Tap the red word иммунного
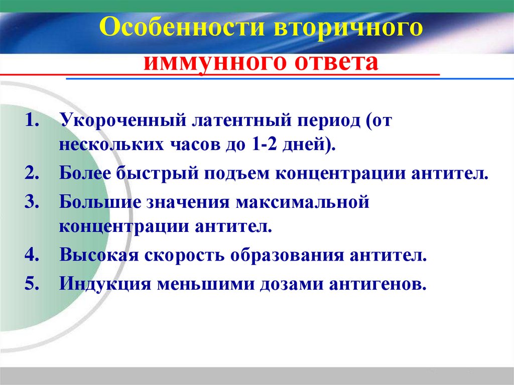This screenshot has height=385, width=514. [x=211, y=64]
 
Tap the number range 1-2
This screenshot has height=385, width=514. [x=263, y=146]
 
